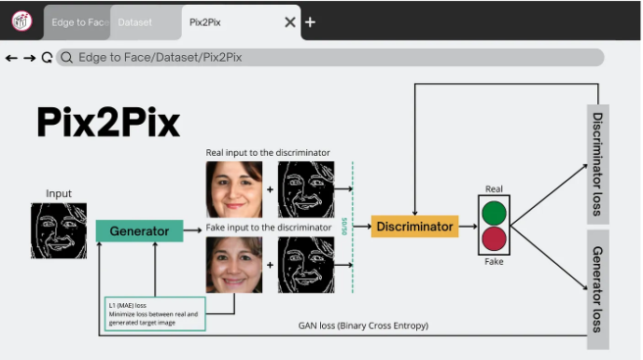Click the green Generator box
pyautogui.click(x=139, y=230)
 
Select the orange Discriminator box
pyautogui.click(x=414, y=226)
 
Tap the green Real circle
pyautogui.click(x=495, y=212)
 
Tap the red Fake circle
pyautogui.click(x=495, y=240)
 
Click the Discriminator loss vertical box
pyautogui.click(x=597, y=163)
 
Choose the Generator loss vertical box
pyautogui.click(x=597, y=289)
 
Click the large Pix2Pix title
pyautogui.click(x=108, y=122)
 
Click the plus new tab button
pyautogui.click(x=311, y=21)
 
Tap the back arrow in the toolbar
pyautogui.click(x=11, y=58)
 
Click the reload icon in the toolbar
pyautogui.click(x=47, y=58)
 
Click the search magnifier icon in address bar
pyautogui.click(x=66, y=58)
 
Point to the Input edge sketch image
pyautogui.click(x=59, y=230)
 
